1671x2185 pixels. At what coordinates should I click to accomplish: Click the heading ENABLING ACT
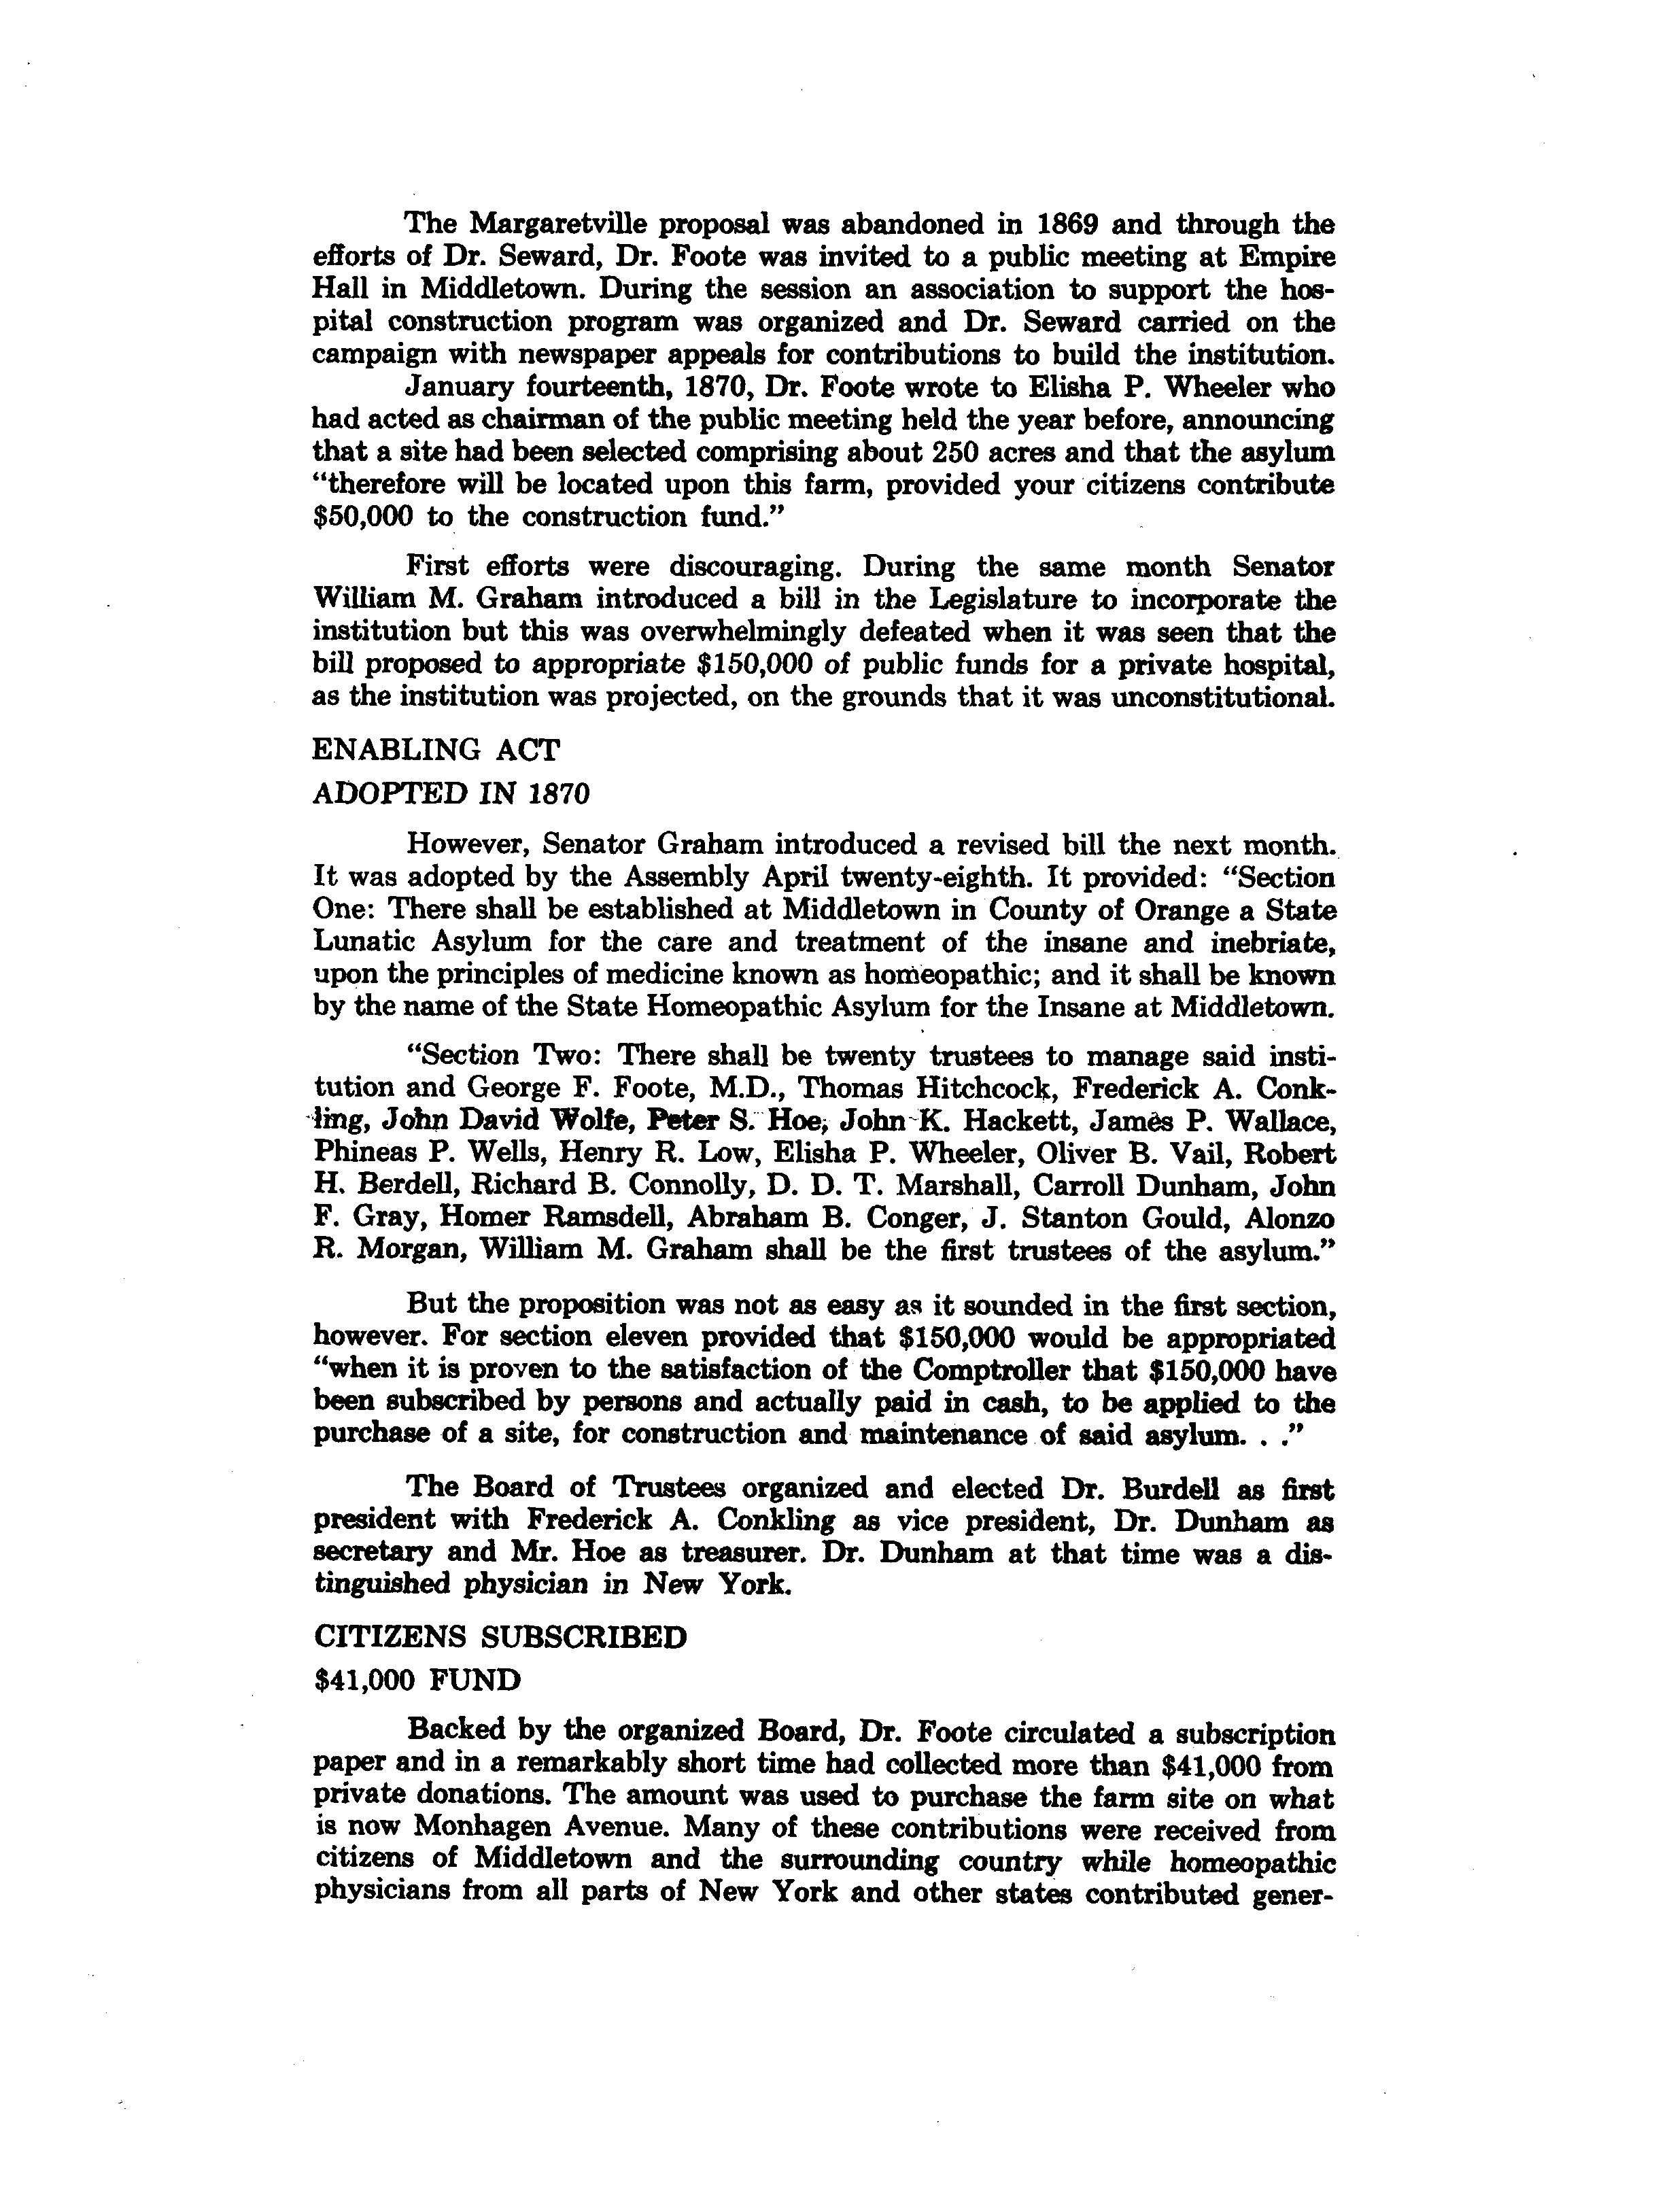coord(436,749)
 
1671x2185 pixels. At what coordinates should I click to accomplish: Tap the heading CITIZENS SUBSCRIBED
coord(499,1638)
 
